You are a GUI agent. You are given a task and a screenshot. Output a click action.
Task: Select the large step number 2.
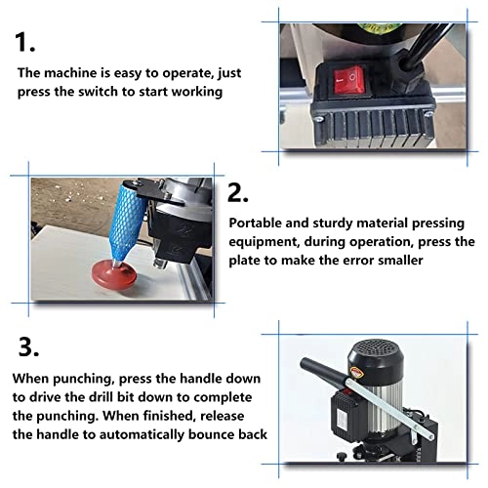(x=239, y=191)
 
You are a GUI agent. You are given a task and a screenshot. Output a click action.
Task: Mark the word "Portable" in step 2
(x=256, y=222)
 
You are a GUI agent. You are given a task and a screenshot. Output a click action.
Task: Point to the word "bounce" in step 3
(x=222, y=433)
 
